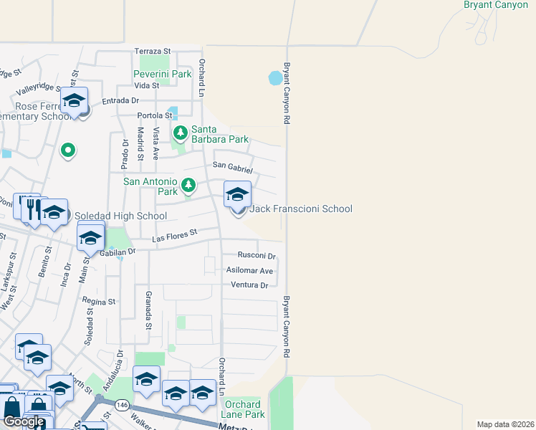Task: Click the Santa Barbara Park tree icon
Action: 180,133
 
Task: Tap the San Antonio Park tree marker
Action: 188,186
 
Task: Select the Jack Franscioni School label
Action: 300,209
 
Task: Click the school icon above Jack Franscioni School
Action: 238,194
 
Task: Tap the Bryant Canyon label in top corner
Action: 496,5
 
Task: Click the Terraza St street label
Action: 153,52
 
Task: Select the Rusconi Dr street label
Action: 257,256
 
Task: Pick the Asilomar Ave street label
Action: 249,271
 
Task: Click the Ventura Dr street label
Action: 249,285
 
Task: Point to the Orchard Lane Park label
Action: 245,409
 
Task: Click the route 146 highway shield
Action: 123,405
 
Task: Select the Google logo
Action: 24,421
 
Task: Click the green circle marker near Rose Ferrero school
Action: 67,150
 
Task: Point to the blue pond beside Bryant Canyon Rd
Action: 275,77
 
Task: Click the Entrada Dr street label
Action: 120,101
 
